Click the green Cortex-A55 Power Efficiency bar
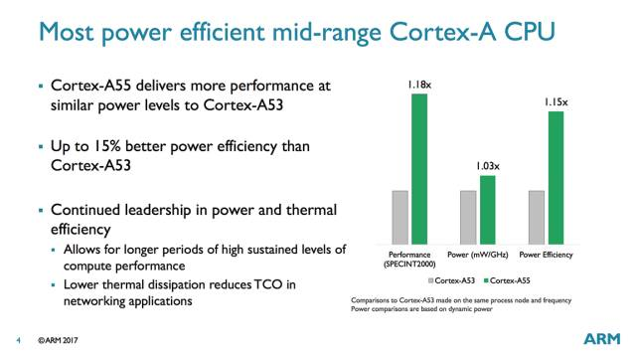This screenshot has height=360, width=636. coord(556,175)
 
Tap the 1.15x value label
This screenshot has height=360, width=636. coord(555,101)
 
